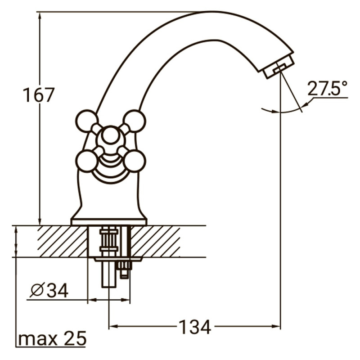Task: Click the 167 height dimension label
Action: pos(39,95)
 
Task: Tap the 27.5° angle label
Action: pos(328,89)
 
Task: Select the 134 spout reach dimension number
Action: pos(195,327)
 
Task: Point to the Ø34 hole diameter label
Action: pos(49,291)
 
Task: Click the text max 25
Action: pos(52,339)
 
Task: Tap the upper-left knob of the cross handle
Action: pos(86,121)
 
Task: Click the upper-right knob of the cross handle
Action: pos(135,121)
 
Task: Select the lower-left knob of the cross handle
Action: pos(86,161)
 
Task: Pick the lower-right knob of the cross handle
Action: pos(135,161)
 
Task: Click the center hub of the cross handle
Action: pos(110,136)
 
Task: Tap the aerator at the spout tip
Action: pos(279,66)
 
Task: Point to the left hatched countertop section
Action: pos(62,242)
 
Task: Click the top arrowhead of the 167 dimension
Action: pos(40,16)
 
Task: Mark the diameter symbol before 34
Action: pos(36,291)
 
